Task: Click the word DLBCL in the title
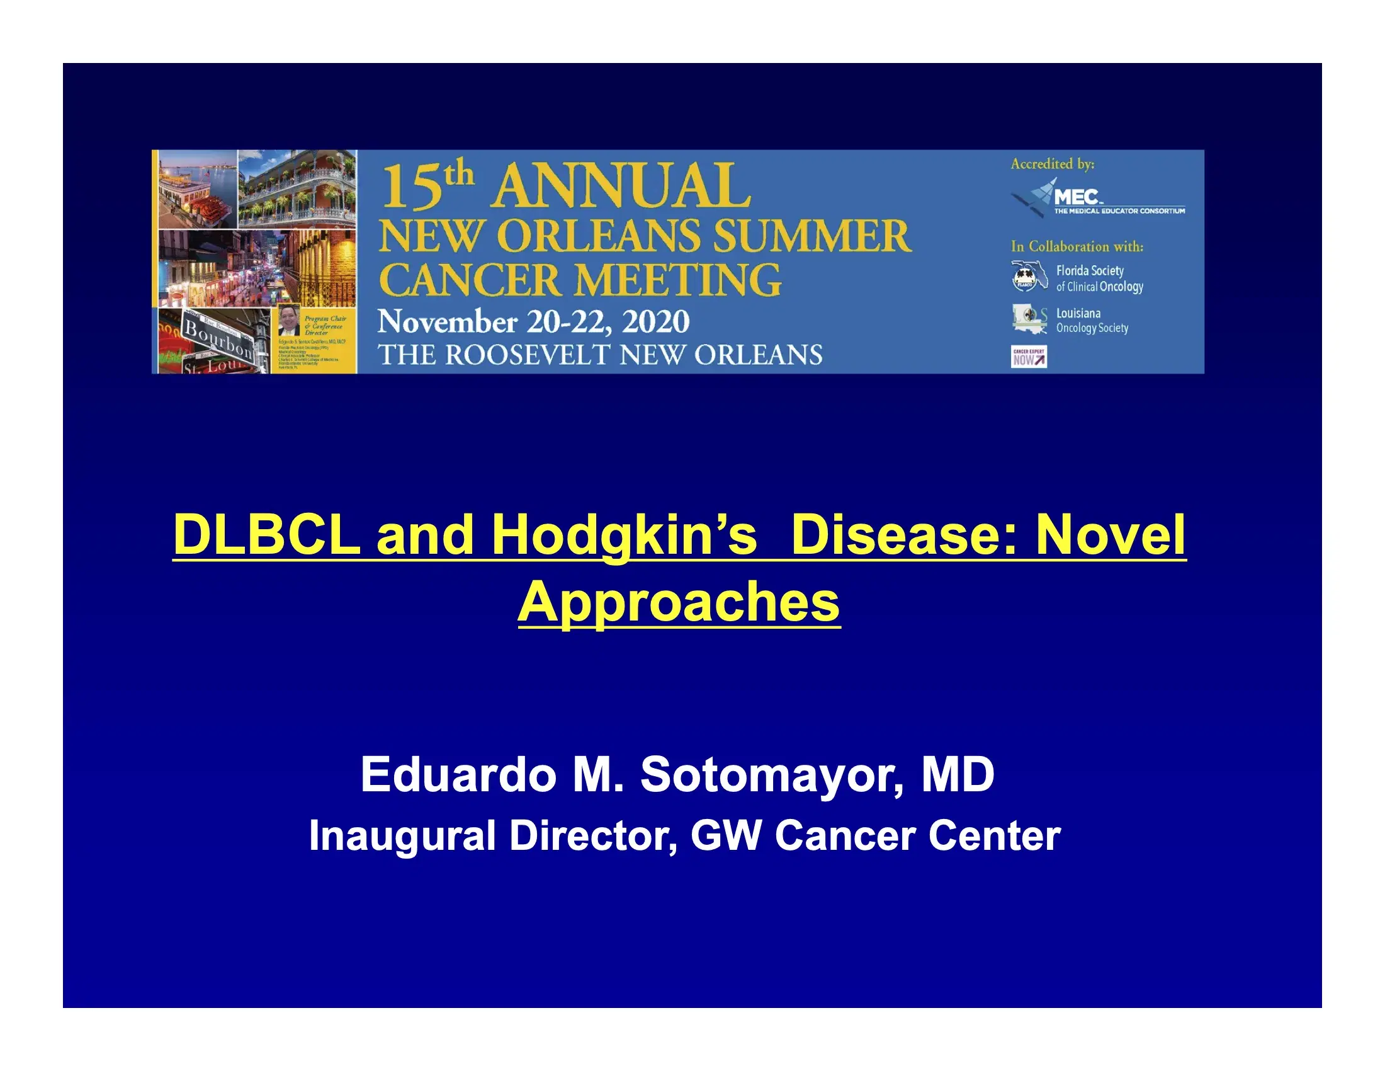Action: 266,535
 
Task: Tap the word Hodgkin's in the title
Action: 624,535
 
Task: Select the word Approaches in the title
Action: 679,602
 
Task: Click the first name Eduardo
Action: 458,775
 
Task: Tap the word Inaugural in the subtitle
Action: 402,835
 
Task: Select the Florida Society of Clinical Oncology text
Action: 1099,278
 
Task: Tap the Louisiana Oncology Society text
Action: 1092,321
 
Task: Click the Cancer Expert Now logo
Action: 1029,357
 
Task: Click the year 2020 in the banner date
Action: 655,322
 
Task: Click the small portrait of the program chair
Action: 289,321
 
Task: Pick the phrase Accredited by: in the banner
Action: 1052,164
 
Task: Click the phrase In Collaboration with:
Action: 1077,246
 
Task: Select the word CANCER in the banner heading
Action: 470,280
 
